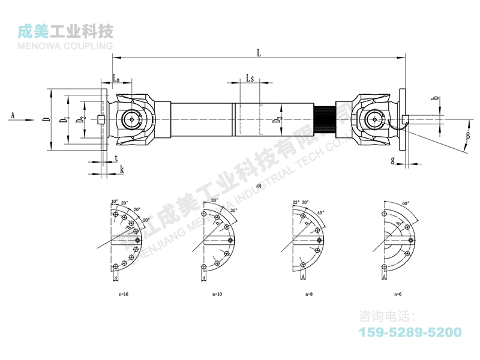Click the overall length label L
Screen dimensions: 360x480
[x=259, y=53]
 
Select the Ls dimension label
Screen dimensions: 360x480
[x=250, y=79]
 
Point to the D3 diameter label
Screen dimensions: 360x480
[x=277, y=120]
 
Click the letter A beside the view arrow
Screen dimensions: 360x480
[x=13, y=114]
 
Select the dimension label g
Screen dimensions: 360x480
[x=392, y=160]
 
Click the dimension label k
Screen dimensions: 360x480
[x=122, y=170]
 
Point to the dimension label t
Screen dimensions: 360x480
[x=115, y=158]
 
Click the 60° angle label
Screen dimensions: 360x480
[x=406, y=204]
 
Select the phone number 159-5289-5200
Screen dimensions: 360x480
[x=410, y=332]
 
